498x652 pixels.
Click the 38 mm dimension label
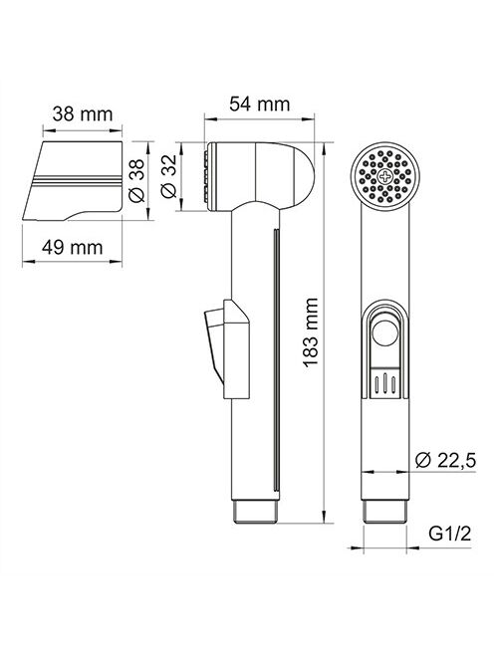coord(83,113)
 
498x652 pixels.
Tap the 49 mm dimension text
coord(72,248)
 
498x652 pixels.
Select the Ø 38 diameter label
coord(136,181)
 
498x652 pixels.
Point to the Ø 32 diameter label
coord(168,176)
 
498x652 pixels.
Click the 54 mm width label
coord(259,104)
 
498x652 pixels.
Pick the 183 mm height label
coord(311,332)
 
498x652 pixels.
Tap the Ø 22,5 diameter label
coord(445,460)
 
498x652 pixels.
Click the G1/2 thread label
coord(450,534)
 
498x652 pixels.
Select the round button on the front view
coord(384,332)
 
